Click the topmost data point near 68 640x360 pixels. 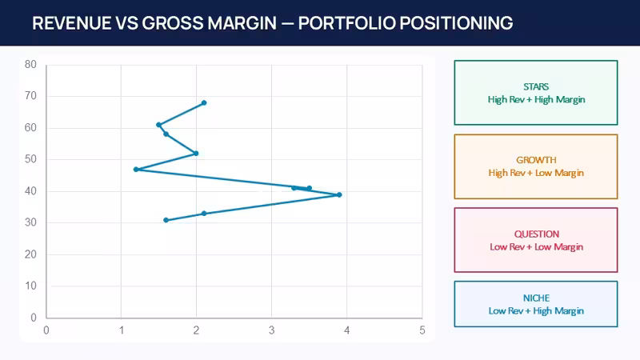click(x=204, y=103)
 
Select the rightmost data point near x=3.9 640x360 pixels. click(x=339, y=194)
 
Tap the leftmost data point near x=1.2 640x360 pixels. click(x=136, y=170)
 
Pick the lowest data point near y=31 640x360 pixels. click(x=166, y=220)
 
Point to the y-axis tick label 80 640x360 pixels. click(x=30, y=64)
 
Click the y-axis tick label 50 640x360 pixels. click(x=30, y=159)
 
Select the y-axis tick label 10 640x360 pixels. click(x=30, y=286)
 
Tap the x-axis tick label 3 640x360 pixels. click(x=271, y=330)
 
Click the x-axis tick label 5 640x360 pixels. click(x=422, y=330)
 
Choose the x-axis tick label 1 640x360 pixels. click(x=122, y=330)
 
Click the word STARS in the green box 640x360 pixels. click(x=536, y=86)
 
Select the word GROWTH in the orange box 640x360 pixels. click(x=536, y=160)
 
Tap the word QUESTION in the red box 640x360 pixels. click(x=536, y=234)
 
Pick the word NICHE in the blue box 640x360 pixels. click(x=536, y=298)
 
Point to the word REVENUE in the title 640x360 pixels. click(x=71, y=23)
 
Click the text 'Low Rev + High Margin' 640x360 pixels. click(x=536, y=311)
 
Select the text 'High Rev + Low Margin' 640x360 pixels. click(x=536, y=173)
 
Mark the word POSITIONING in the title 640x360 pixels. click(x=456, y=23)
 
